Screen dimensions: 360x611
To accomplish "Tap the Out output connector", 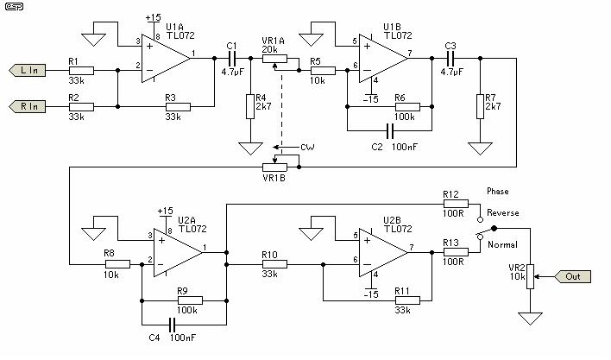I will (x=575, y=276).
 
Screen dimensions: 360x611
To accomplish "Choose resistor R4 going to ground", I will (x=249, y=106).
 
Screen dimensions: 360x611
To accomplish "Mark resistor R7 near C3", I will (x=478, y=106).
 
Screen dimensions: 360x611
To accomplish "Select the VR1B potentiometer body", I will (x=275, y=166).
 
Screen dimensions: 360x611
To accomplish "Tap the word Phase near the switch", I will (x=499, y=190).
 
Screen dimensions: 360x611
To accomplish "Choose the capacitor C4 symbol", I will (x=173, y=325).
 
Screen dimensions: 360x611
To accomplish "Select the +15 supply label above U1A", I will (x=154, y=16).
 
